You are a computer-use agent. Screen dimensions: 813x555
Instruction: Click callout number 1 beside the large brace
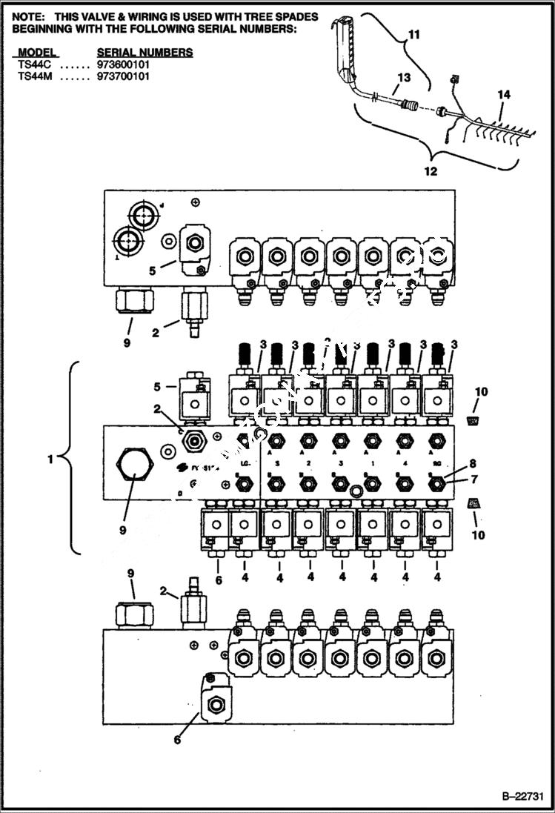coord(50,459)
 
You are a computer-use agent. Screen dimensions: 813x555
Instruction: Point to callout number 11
coord(413,34)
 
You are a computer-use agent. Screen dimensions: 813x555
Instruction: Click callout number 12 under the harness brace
coord(430,171)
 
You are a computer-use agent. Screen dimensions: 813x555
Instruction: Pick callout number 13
coord(403,77)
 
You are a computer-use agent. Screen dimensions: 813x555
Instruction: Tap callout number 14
coord(504,95)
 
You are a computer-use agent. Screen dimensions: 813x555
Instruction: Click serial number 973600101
coord(123,64)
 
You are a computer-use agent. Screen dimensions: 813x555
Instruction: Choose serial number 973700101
coord(123,76)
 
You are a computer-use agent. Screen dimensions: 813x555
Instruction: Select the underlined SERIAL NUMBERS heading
coord(144,53)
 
